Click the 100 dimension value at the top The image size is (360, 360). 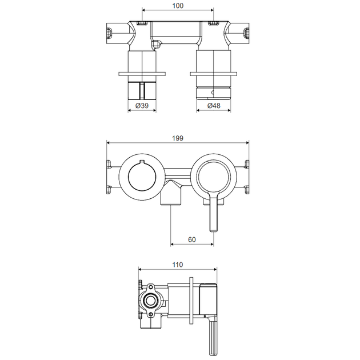click(x=178, y=6)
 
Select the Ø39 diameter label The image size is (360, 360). click(x=142, y=106)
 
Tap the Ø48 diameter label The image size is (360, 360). click(x=214, y=106)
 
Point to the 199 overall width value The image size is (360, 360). click(x=178, y=138)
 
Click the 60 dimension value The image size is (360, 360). click(x=192, y=239)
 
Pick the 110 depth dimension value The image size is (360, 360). click(x=178, y=265)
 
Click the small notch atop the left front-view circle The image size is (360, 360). click(x=142, y=162)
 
